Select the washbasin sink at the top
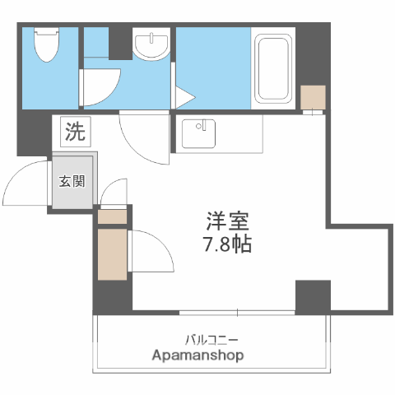[x=151, y=46]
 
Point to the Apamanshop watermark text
[x=198, y=355]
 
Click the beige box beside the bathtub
[x=313, y=98]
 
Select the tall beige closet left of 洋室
[x=111, y=254]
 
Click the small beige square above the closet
[x=113, y=217]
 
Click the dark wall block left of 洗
[x=34, y=132]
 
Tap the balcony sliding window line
[x=237, y=312]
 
